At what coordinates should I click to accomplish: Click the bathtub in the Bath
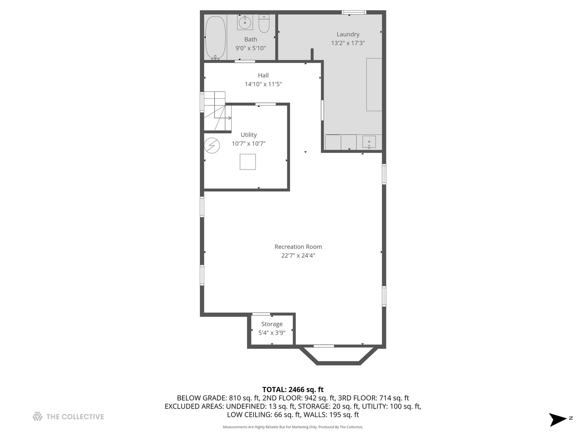pos(215,37)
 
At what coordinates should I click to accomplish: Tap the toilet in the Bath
pos(264,24)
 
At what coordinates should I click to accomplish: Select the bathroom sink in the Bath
pos(245,22)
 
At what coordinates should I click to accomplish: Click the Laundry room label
pos(348,35)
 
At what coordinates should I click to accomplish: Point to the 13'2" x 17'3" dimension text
pos(348,43)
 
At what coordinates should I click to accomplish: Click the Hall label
pos(263,76)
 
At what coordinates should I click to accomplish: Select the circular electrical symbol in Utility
pos(212,145)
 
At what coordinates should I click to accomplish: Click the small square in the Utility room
pos(247,162)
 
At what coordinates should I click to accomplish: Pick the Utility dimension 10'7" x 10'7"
pos(249,143)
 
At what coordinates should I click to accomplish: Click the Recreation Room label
pos(298,247)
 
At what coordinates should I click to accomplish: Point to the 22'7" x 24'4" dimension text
pos(298,256)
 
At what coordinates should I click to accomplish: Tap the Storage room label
pos(272,324)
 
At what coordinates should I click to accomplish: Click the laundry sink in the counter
pos(369,142)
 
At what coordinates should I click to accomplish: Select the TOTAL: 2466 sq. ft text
pos(293,389)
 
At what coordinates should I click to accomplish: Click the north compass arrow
pos(558,419)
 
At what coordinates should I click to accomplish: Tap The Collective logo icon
pos(37,417)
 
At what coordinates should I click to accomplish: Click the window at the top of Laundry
pos(354,13)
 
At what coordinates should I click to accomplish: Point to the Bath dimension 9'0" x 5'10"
pos(251,48)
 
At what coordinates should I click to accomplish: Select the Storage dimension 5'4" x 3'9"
pos(272,333)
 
